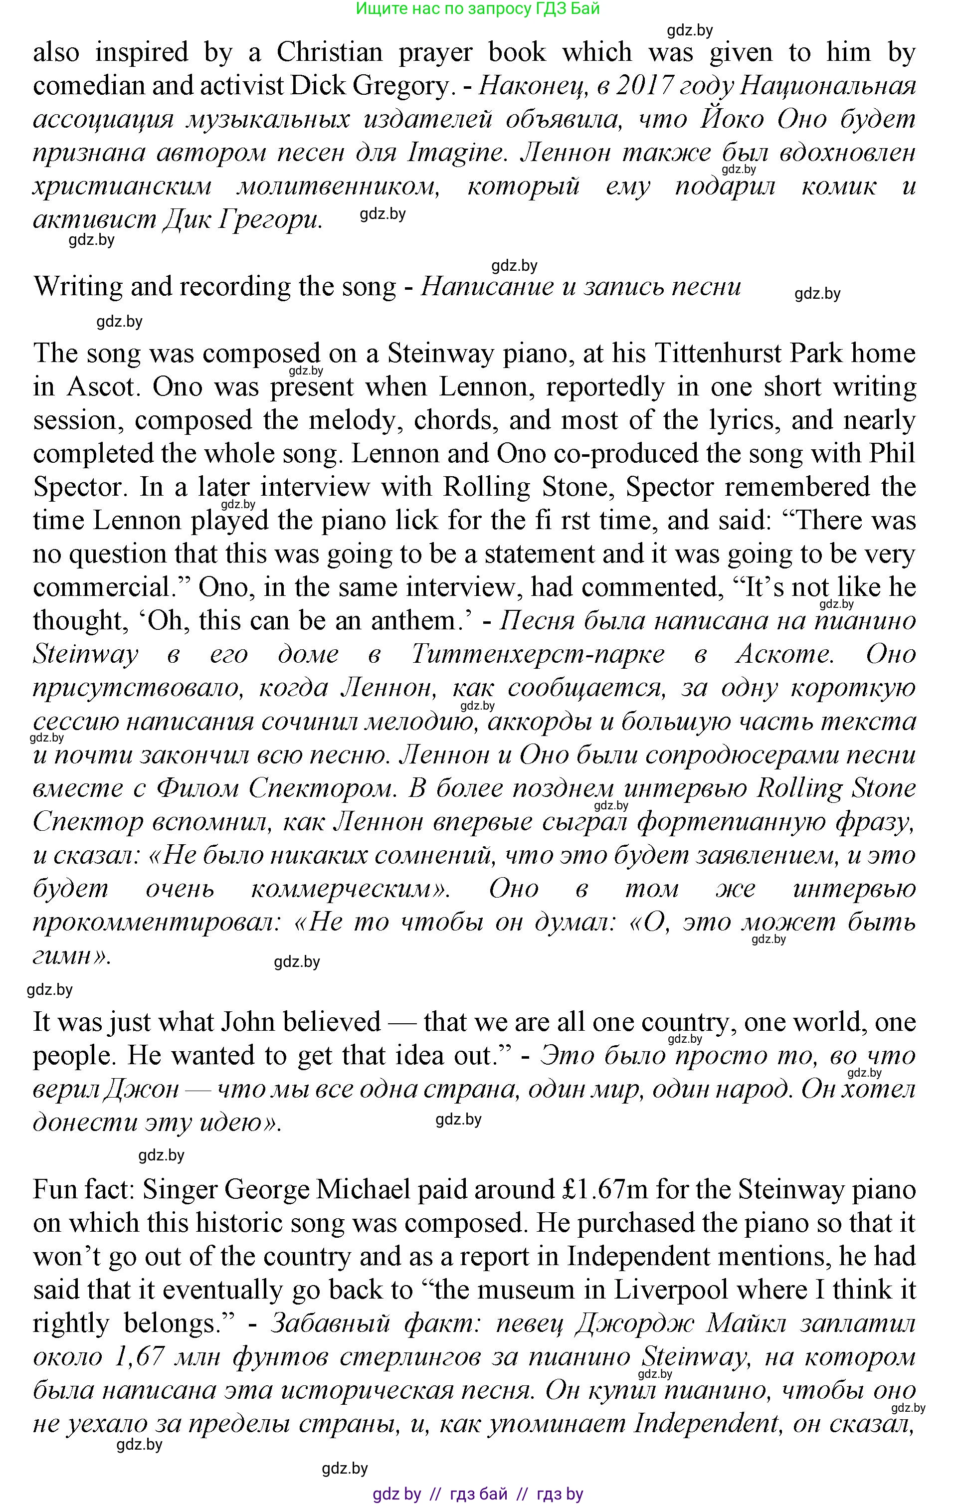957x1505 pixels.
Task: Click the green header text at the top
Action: tap(478, 9)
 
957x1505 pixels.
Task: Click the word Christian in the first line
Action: tap(330, 52)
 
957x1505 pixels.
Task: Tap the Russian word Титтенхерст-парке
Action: tap(538, 655)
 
